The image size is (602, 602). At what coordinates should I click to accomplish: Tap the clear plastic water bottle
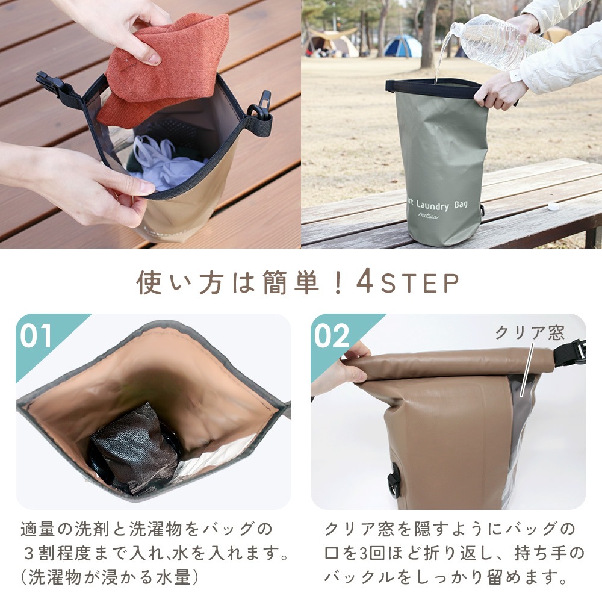[499, 42]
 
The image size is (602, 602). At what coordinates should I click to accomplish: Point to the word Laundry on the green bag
[433, 206]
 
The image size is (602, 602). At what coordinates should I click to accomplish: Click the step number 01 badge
[36, 336]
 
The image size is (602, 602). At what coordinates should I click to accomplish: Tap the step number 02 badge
[332, 336]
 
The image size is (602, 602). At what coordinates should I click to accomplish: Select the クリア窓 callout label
[530, 332]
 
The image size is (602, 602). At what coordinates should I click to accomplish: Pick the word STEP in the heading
[420, 283]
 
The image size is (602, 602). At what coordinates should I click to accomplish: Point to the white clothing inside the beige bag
[165, 163]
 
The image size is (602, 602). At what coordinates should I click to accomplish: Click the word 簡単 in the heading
[291, 282]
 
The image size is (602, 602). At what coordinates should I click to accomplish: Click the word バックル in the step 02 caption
[356, 577]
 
